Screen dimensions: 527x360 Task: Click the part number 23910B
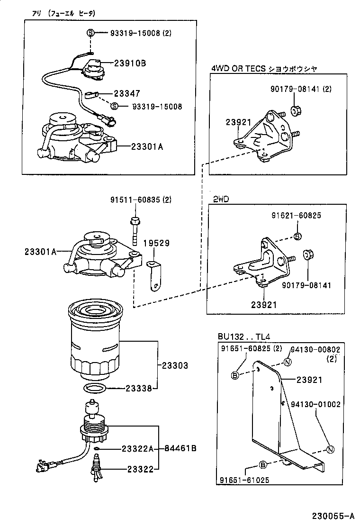[x=129, y=63]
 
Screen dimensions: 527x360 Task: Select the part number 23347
[x=126, y=93]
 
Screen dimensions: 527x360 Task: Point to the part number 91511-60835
[x=135, y=200]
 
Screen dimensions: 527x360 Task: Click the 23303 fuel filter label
[x=175, y=365]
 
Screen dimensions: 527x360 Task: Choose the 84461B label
[x=180, y=448]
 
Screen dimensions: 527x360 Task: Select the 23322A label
[x=136, y=448]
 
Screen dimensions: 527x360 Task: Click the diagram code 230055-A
[x=333, y=516]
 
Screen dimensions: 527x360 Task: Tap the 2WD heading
[x=220, y=199]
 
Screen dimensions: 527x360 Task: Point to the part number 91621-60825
[x=296, y=215]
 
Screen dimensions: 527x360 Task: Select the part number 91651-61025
[x=244, y=480]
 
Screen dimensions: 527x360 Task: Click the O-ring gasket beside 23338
[x=95, y=389]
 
